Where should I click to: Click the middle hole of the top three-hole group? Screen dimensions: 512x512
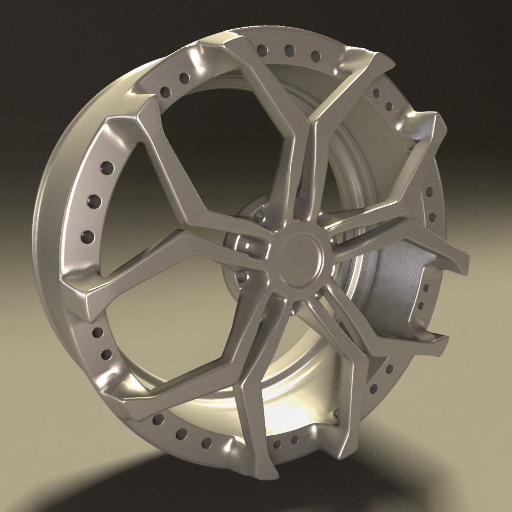(x=289, y=50)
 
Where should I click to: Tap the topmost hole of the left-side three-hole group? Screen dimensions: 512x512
(x=108, y=167)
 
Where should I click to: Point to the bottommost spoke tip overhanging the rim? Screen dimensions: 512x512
(x=266, y=468)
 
